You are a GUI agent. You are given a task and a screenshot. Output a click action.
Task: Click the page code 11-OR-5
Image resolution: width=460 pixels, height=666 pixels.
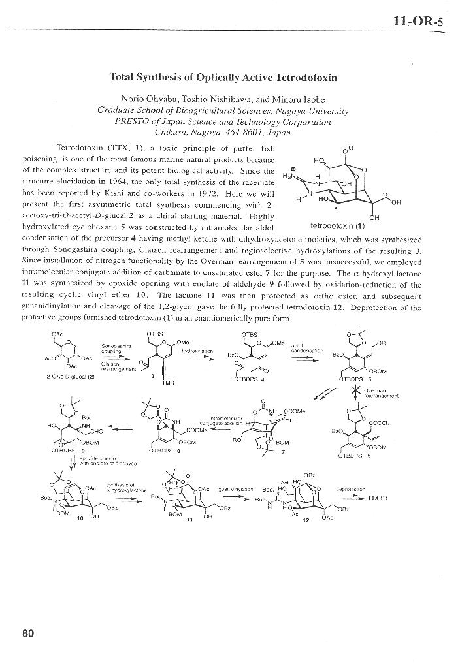click(418, 21)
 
